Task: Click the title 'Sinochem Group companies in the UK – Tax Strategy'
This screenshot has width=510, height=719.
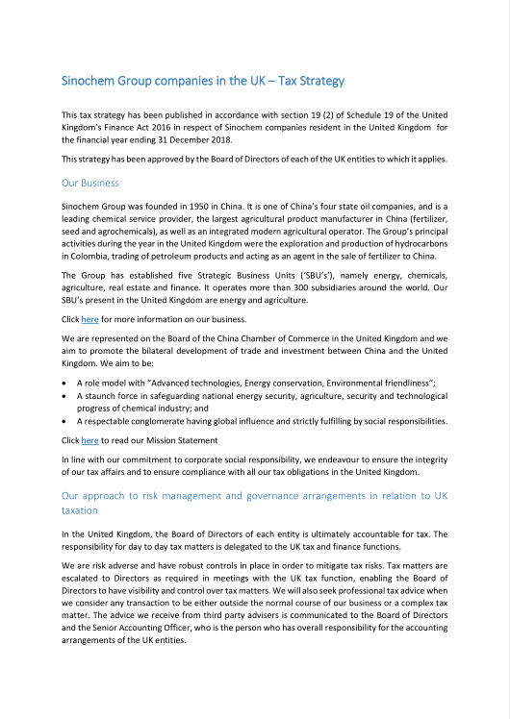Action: (x=202, y=81)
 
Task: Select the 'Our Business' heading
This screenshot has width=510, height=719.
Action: (x=89, y=182)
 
